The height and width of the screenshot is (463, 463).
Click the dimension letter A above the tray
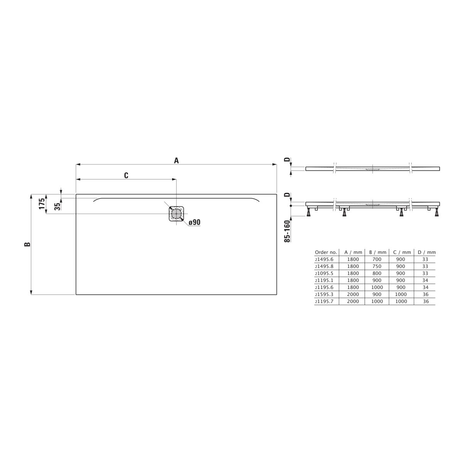pos(176,161)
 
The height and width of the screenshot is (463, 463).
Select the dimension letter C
pos(126,176)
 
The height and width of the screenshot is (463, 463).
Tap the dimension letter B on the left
pos(27,244)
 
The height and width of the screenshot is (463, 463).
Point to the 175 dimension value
pos(42,203)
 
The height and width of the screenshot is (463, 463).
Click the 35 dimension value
pos(57,206)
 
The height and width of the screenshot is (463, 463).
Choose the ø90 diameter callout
pos(194,222)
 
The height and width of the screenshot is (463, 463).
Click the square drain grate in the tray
pos(176,213)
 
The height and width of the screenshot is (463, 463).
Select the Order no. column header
pos(326,252)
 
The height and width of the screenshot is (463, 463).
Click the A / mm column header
pos(353,252)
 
